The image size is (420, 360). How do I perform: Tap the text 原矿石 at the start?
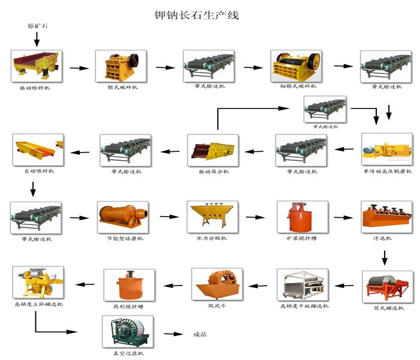[37, 26]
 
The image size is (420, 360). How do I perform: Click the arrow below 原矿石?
[37, 40]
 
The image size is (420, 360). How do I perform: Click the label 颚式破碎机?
[122, 88]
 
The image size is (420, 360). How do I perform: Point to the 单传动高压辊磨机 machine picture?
[386, 150]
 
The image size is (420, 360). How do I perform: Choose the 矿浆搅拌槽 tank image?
[298, 217]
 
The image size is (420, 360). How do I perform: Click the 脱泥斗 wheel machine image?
[215, 284]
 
